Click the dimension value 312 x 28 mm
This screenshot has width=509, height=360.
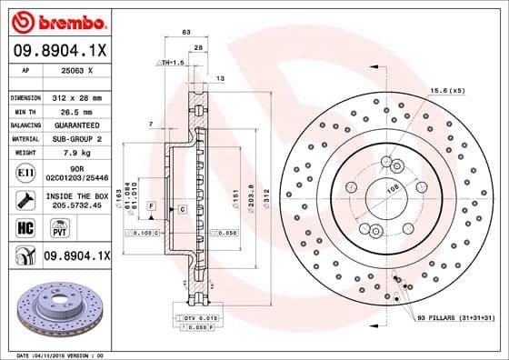pos(79,96)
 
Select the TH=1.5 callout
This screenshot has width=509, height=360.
pos(171,62)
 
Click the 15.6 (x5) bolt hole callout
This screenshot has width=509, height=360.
pos(447,89)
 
